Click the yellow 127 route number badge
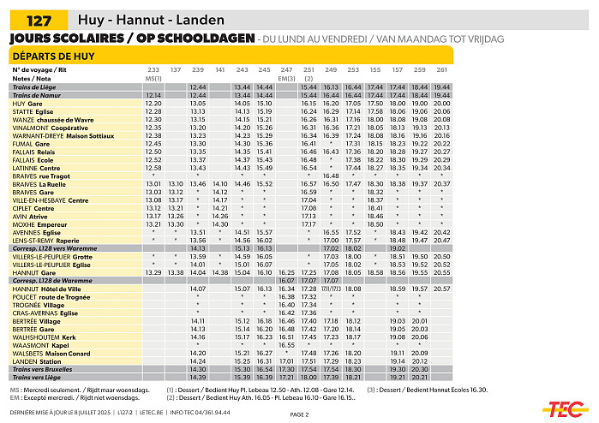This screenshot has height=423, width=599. click(x=39, y=20)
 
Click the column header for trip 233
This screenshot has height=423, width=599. click(x=153, y=69)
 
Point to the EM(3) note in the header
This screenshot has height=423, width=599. click(x=287, y=78)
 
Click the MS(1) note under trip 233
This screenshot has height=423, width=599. click(x=153, y=78)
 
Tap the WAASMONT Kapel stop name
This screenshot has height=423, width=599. click(x=38, y=345)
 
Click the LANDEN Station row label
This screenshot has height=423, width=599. click(x=38, y=361)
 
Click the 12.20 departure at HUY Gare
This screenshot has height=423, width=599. click(x=153, y=103)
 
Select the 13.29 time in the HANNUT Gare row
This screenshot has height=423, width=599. click(x=153, y=272)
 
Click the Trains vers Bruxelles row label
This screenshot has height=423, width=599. click(x=42, y=369)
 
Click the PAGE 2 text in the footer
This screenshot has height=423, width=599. click(x=299, y=414)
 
